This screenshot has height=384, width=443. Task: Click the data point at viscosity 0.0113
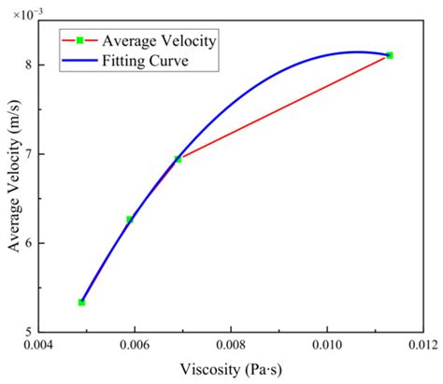(x=389, y=55)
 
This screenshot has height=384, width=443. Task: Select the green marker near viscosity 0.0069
(x=178, y=159)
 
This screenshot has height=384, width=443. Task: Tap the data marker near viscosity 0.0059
(x=130, y=220)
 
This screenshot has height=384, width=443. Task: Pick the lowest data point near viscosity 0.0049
(x=81, y=302)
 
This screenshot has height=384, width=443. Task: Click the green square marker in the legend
(x=80, y=40)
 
